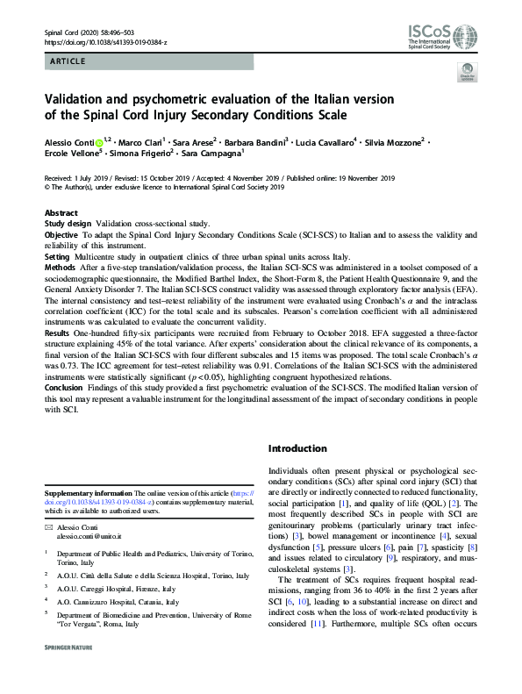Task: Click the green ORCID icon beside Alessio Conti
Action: pos(98,140)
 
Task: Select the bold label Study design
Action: pos(68,224)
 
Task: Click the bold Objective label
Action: pos(64,235)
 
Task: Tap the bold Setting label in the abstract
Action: pos(60,258)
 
